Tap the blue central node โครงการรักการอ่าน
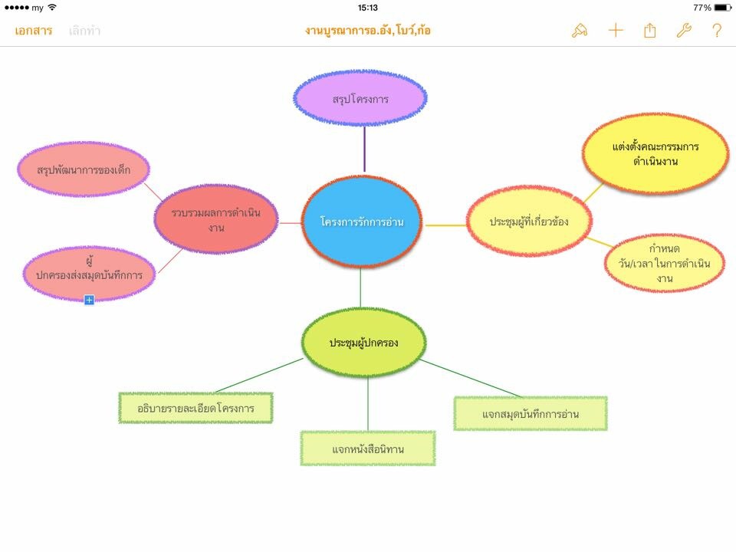pyautogui.click(x=361, y=222)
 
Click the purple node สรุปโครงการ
pyautogui.click(x=360, y=99)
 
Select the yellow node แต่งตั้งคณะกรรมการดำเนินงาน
pyautogui.click(x=655, y=153)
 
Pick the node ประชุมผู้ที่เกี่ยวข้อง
pyautogui.click(x=529, y=222)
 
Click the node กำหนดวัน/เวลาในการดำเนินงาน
pyautogui.click(x=665, y=263)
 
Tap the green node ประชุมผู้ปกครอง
pyautogui.click(x=364, y=342)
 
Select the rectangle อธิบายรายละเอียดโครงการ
pyautogui.click(x=197, y=408)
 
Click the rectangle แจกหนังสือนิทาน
pyautogui.click(x=368, y=449)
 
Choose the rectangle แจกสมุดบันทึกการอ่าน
pyautogui.click(x=531, y=414)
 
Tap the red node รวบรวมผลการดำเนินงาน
pyautogui.click(x=215, y=219)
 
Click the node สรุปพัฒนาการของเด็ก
pyautogui.click(x=84, y=169)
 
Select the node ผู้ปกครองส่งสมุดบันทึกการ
pyautogui.click(x=89, y=274)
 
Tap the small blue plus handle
pyautogui.click(x=89, y=300)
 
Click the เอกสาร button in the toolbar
pyautogui.click(x=33, y=31)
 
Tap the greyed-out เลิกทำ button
pyautogui.click(x=84, y=31)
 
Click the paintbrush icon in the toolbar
pyautogui.click(x=580, y=31)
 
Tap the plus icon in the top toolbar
pyautogui.click(x=616, y=31)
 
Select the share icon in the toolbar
pyautogui.click(x=650, y=31)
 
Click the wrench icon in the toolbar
pyautogui.click(x=683, y=31)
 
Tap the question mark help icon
pyautogui.click(x=717, y=31)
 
